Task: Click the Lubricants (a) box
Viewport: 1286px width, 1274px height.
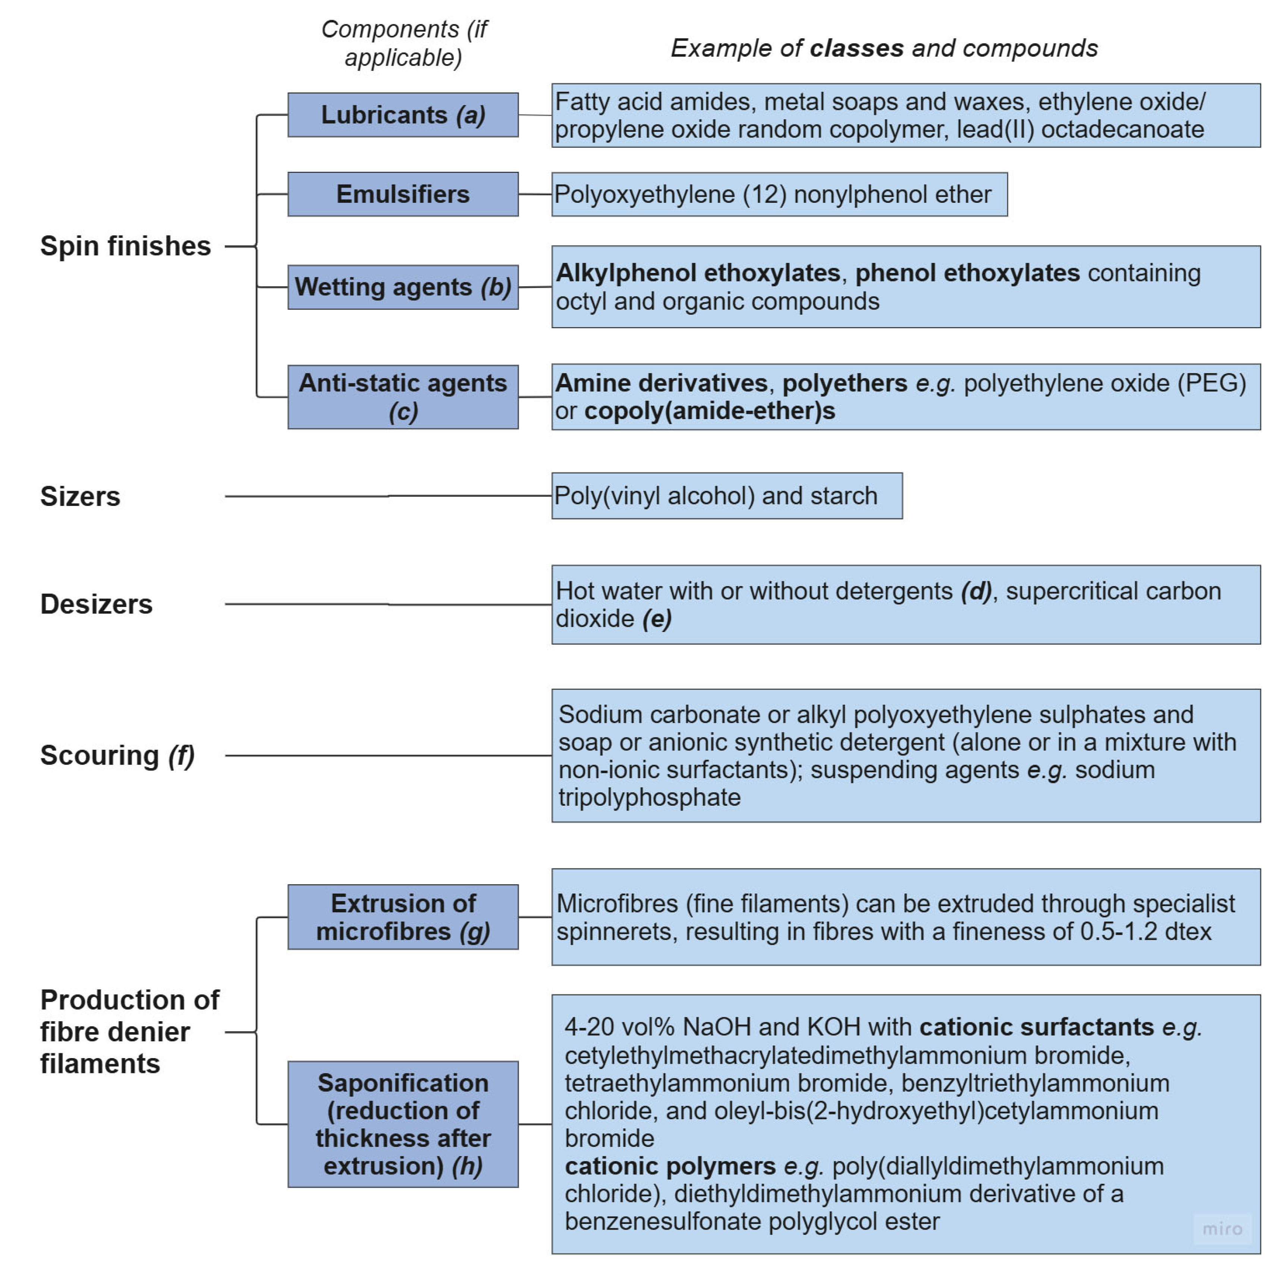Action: tap(403, 115)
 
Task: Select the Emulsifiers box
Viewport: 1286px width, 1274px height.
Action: tap(403, 194)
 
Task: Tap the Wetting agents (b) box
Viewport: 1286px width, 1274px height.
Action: tap(403, 287)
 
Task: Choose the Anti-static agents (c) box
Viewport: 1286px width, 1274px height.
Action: tap(403, 397)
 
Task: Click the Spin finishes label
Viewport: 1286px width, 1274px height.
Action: tap(125, 246)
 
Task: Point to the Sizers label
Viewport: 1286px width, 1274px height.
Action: tap(81, 497)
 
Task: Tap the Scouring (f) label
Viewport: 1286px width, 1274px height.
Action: tap(117, 755)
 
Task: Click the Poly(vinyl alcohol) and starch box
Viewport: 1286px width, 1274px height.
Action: tap(726, 496)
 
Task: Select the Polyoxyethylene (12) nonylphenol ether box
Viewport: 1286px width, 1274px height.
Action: tap(779, 194)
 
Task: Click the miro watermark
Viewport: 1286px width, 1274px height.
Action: tap(1222, 1229)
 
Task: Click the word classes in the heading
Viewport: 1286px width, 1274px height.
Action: tap(856, 48)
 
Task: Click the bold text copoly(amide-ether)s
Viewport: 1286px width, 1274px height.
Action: tap(710, 411)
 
